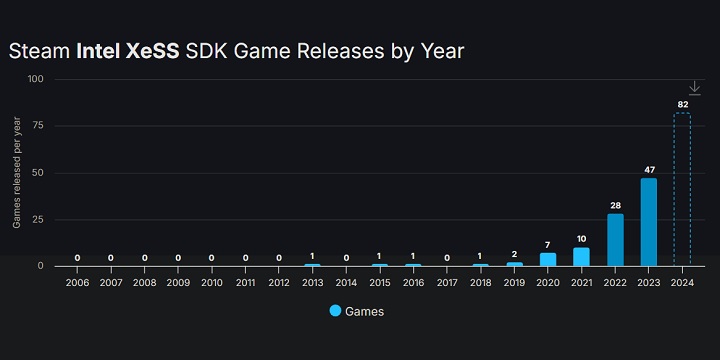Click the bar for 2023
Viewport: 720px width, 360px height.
pyautogui.click(x=648, y=222)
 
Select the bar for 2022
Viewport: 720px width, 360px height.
pyautogui.click(x=615, y=240)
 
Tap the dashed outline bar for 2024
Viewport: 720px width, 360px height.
pyautogui.click(x=682, y=189)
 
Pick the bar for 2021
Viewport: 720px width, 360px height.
pyautogui.click(x=581, y=257)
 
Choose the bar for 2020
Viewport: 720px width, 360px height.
pyautogui.click(x=548, y=259)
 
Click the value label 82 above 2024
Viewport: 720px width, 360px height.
pyautogui.click(x=682, y=104)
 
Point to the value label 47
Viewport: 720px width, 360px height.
pyautogui.click(x=648, y=170)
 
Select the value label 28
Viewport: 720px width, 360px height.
pyautogui.click(x=615, y=205)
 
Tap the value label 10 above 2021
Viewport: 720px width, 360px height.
pyautogui.click(x=581, y=239)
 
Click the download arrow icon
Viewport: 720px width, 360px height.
pyautogui.click(x=695, y=88)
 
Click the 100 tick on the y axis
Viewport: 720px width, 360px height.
pyautogui.click(x=36, y=79)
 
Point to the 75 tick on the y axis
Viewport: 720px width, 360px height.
pyautogui.click(x=38, y=126)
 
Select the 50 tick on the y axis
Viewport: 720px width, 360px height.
pyautogui.click(x=38, y=173)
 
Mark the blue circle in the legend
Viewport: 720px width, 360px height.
pyautogui.click(x=335, y=311)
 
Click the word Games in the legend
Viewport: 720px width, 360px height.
pyautogui.click(x=365, y=311)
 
